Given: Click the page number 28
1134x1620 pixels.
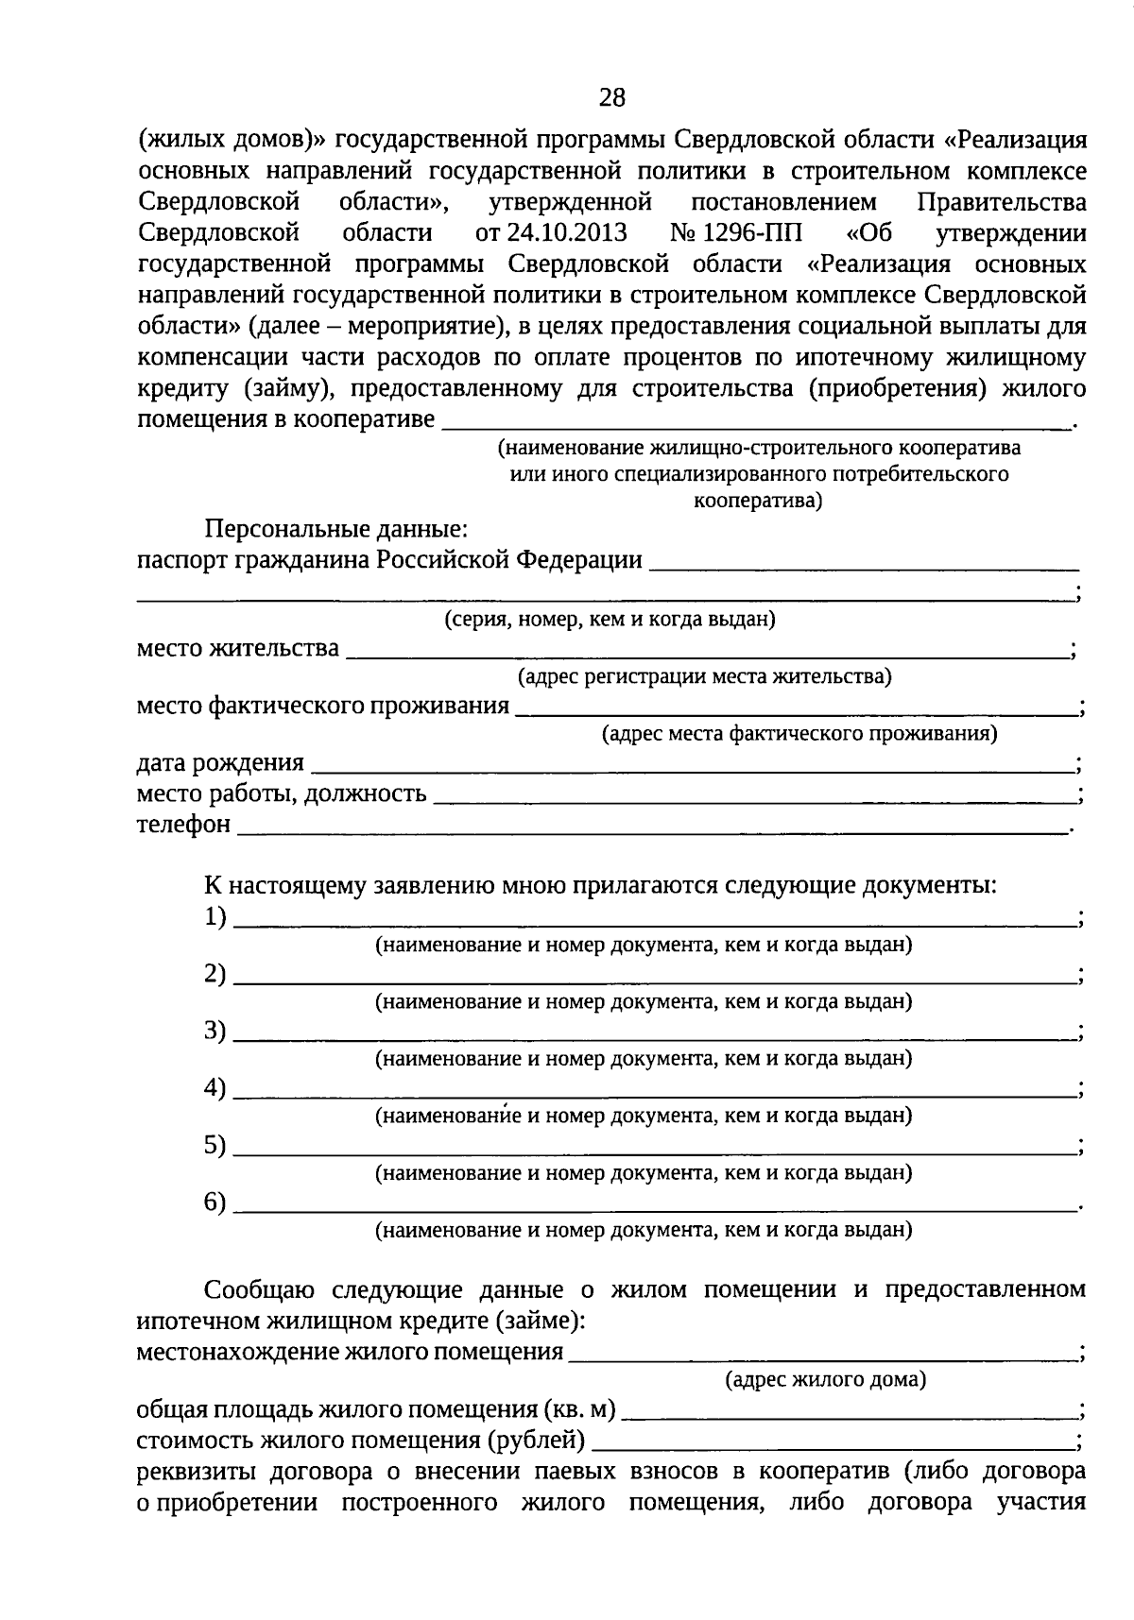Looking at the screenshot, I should point(611,97).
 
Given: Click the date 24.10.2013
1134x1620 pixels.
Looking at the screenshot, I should point(547,232).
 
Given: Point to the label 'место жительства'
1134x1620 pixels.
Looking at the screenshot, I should point(237,649).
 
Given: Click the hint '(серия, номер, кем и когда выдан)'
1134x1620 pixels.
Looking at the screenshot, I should point(610,620).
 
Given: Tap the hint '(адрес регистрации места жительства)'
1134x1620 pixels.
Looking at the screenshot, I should point(704,676).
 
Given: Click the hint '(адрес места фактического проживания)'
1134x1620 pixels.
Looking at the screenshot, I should point(799,733).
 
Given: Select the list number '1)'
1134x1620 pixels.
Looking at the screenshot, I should point(215,916).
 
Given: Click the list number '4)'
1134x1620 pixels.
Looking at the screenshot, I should point(215,1088).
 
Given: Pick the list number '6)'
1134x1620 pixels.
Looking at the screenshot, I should point(215,1202).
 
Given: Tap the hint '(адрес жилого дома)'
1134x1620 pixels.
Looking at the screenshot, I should point(825,1380).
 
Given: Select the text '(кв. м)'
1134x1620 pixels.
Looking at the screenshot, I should point(579,1410).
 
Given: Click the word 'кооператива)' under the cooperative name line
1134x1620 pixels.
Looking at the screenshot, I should point(758,501).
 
